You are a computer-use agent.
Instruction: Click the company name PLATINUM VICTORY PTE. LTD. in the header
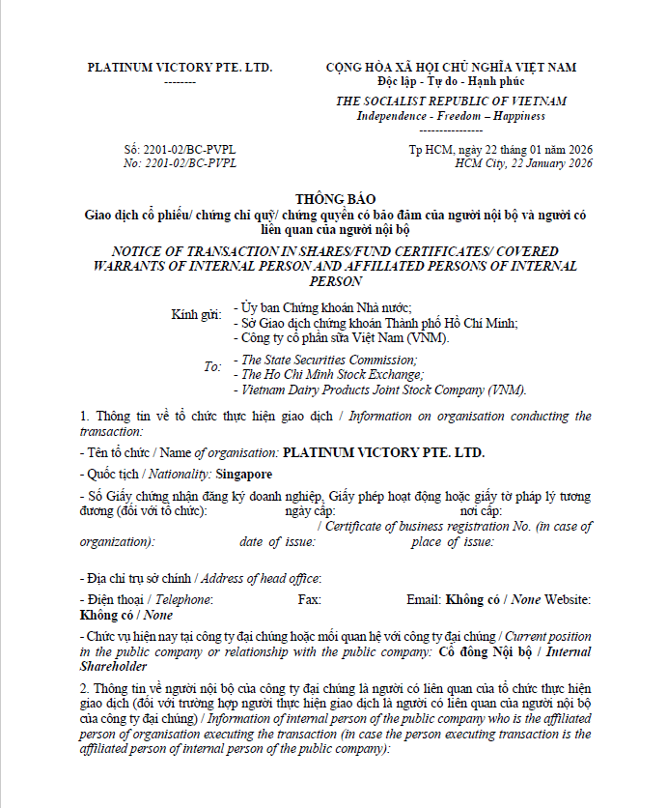(180, 68)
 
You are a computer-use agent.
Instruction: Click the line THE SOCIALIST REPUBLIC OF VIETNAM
(451, 101)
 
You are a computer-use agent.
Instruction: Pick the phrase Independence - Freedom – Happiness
(451, 116)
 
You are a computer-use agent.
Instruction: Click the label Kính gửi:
(197, 315)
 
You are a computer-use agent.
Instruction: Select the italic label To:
(212, 367)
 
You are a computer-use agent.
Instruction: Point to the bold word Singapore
(244, 475)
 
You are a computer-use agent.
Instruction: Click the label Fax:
(310, 600)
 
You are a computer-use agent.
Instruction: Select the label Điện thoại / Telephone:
(146, 600)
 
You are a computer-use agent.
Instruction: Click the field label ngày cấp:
(311, 510)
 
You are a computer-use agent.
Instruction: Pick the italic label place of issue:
(452, 542)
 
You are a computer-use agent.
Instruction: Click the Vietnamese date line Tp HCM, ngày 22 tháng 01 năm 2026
(500, 149)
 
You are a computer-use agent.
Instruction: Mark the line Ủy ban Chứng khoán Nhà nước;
(311, 307)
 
